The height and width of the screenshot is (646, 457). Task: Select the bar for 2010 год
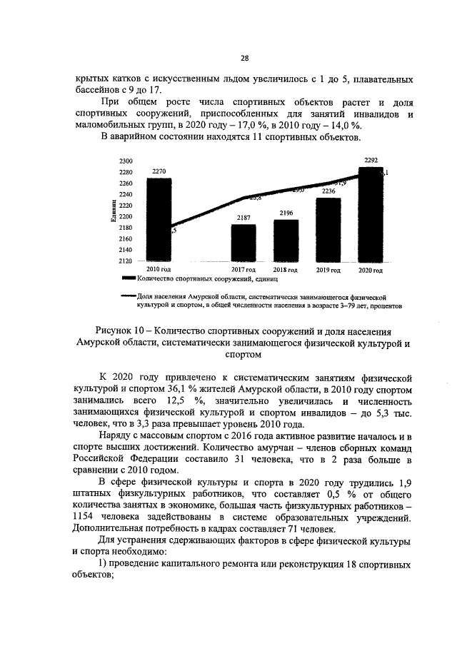click(159, 221)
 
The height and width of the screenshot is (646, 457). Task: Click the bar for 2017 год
click(243, 243)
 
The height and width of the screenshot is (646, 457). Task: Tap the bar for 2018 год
click(286, 241)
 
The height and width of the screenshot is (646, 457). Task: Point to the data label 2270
click(159, 171)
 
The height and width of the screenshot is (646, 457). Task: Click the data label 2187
click(243, 217)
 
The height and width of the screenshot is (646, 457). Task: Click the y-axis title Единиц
click(114, 212)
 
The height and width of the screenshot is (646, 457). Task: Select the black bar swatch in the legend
click(129, 279)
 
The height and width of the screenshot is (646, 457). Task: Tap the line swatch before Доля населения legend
click(129, 293)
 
